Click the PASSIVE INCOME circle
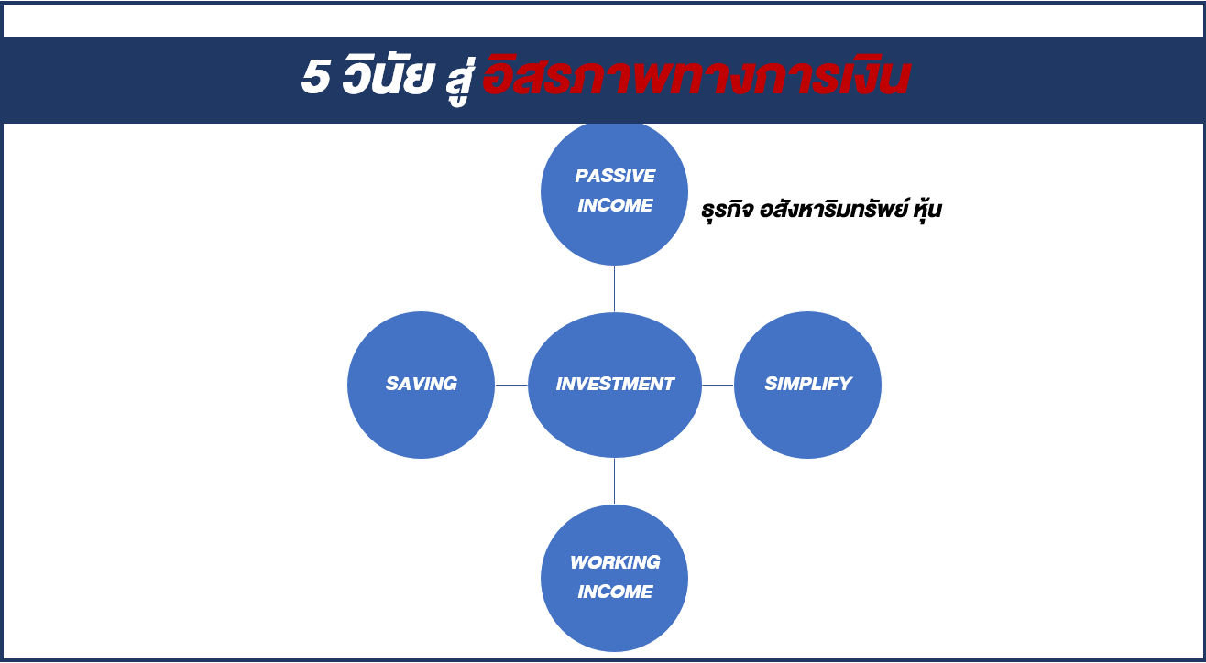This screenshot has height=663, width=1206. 614,192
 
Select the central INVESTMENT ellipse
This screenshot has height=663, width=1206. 614,385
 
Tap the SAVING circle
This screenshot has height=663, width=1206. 421,385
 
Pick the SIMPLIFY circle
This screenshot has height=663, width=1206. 807,385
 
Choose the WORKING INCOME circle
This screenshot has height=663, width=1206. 614,578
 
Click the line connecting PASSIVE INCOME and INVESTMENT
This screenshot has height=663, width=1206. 614,289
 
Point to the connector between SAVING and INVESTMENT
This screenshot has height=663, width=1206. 511,385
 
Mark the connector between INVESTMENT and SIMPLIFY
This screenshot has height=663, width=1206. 718,385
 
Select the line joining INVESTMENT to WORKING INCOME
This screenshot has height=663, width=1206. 614,481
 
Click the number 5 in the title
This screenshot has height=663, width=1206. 315,76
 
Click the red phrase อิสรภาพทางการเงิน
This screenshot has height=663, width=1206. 696,75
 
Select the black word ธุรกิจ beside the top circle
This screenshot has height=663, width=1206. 727,210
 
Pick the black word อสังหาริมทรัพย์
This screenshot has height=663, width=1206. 834,208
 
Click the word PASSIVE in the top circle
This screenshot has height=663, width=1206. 615,176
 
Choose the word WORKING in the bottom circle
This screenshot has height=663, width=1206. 615,562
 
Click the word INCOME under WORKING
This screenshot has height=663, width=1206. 615,592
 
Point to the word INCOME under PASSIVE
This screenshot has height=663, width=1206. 615,205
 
